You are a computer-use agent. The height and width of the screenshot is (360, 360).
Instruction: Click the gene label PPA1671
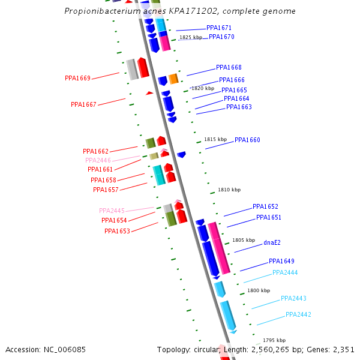[219, 28]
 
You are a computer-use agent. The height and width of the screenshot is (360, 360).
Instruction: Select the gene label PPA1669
[77, 78]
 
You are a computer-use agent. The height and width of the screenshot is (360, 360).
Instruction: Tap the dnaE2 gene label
[272, 243]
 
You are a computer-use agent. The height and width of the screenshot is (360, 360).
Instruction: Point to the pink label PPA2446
[98, 160]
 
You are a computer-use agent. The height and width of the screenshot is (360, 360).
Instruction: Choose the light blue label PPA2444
[285, 272]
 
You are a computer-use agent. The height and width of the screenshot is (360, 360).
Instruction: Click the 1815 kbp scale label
[215, 139]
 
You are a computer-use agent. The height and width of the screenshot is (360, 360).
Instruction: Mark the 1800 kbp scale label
[259, 290]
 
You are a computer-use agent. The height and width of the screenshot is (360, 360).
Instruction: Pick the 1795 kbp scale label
[274, 340]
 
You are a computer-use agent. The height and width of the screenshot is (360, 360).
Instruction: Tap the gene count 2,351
[342, 349]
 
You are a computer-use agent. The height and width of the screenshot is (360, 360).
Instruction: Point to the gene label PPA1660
[247, 140]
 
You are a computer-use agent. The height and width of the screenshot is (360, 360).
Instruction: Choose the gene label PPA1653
[117, 231]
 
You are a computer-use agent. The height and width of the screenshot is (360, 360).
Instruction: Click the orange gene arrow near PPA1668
[173, 79]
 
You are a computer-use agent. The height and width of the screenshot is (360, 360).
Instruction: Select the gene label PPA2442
[298, 314]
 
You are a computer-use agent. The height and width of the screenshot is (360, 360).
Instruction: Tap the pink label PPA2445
[112, 211]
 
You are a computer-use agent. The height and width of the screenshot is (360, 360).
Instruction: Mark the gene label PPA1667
[83, 104]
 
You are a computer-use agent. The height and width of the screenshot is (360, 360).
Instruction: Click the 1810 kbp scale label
[229, 190]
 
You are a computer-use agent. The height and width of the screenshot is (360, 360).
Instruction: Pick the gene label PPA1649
[281, 261]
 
